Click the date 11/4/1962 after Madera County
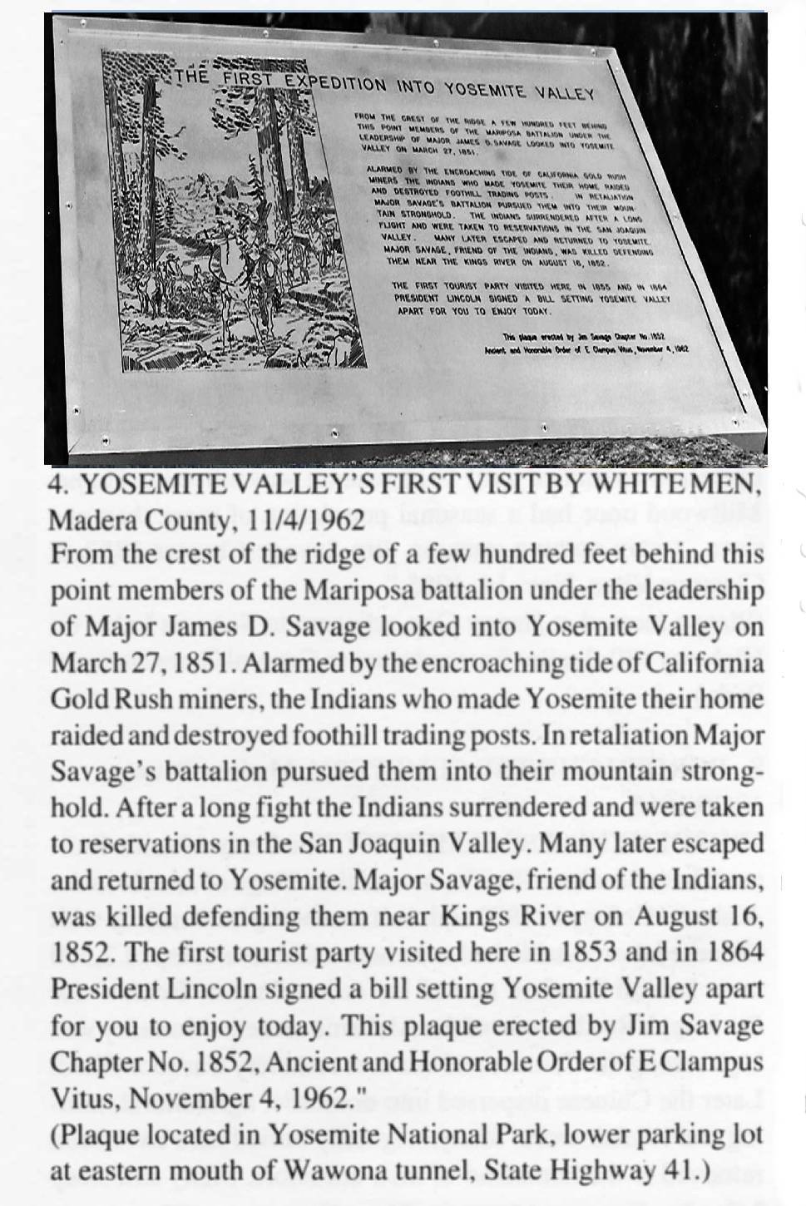click(x=306, y=521)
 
